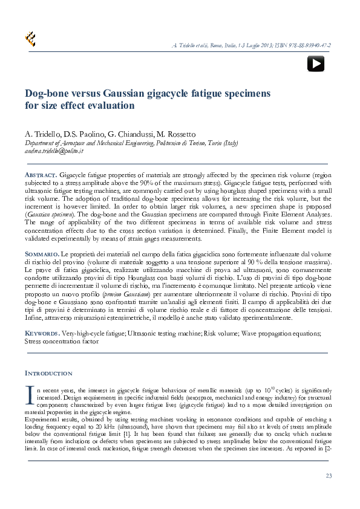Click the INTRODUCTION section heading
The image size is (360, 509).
click(x=48, y=373)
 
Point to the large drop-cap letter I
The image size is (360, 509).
click(x=29, y=394)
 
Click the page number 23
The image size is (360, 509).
click(x=329, y=476)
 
